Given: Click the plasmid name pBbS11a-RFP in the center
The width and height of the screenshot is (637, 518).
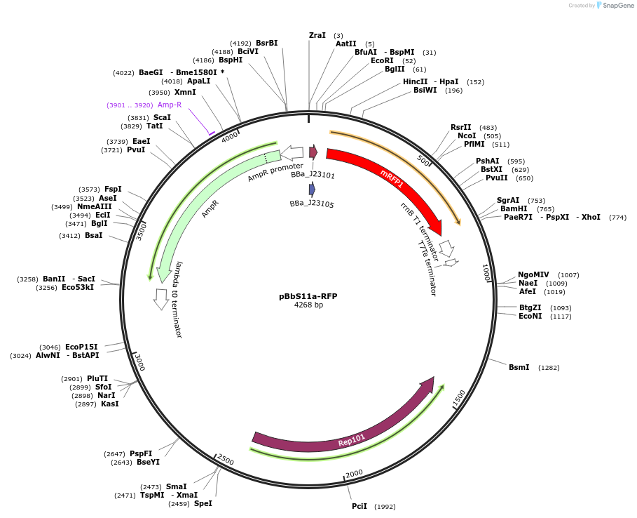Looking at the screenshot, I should [308, 296].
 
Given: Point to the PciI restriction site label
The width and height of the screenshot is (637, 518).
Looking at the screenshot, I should [359, 506].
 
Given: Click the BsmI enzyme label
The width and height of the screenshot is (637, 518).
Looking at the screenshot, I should [519, 367].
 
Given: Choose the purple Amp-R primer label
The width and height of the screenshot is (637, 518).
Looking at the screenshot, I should [169, 105].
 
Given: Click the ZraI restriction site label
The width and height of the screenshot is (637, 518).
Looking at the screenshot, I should [317, 35].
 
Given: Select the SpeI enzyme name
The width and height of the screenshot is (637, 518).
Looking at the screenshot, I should [203, 503].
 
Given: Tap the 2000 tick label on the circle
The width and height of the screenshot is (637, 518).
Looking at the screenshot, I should [354, 474].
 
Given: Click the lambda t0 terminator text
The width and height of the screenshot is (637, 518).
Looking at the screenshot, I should [178, 300].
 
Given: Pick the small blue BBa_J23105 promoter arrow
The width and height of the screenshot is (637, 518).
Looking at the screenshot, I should [312, 190].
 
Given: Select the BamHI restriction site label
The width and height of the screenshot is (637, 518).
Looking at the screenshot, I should [513, 208].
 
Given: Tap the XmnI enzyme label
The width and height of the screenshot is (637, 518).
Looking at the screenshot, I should [185, 92].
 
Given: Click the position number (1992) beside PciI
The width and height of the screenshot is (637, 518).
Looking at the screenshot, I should [385, 507].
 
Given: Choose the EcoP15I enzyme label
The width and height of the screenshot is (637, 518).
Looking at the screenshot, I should [81, 347].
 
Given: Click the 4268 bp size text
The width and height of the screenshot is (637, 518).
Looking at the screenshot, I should [308, 305].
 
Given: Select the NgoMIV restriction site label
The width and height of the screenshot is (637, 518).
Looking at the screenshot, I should [533, 274].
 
